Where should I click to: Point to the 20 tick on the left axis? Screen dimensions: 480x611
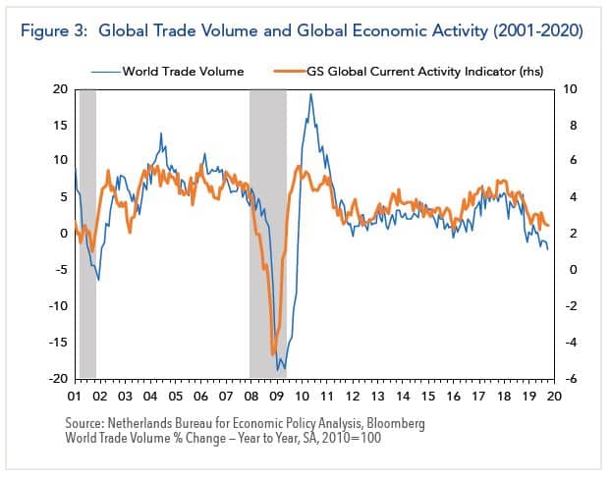tap(60, 88)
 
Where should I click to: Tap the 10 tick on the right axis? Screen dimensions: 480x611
tap(571, 88)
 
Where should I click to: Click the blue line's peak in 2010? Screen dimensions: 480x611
tap(311, 95)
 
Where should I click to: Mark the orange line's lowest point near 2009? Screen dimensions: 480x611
tap(272, 354)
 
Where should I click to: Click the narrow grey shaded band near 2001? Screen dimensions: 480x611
tap(87, 234)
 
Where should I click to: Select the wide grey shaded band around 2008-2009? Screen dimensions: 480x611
tap(267, 234)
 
